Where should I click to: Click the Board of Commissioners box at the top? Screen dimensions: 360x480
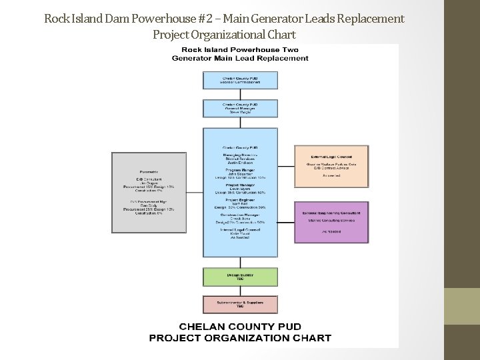click(x=240, y=79)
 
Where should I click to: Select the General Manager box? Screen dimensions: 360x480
click(x=240, y=109)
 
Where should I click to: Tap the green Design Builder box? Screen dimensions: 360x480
click(x=240, y=277)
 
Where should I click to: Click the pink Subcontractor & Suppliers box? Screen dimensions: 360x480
click(x=240, y=304)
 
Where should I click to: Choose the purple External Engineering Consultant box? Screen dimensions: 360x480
click(x=332, y=221)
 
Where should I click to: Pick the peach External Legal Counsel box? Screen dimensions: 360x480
click(x=332, y=165)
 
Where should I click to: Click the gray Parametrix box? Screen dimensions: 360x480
click(x=149, y=192)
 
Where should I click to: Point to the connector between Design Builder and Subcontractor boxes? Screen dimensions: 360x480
click(x=240, y=291)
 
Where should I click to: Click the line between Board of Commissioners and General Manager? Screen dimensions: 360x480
click(x=240, y=95)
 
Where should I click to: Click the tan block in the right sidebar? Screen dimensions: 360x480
click(x=462, y=306)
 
